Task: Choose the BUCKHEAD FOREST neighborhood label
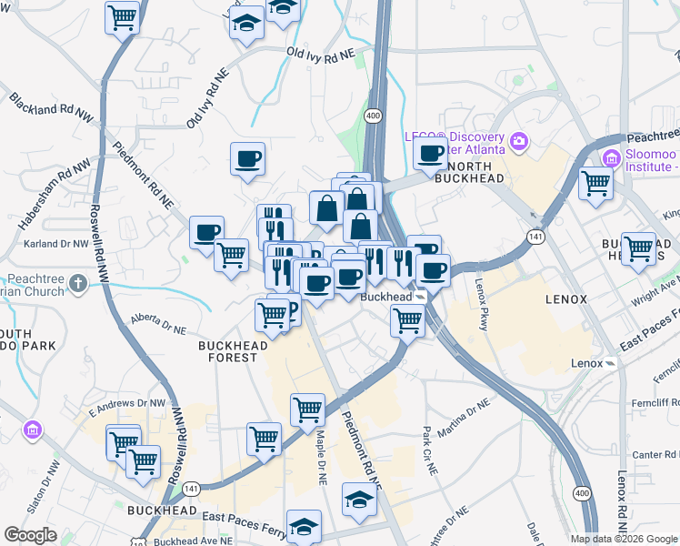pyautogui.click(x=234, y=351)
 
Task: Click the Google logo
pyautogui.click(x=30, y=535)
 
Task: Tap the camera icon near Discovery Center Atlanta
pyautogui.click(x=519, y=140)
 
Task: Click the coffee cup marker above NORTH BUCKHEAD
pyautogui.click(x=430, y=154)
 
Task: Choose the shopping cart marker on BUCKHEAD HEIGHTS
pyautogui.click(x=638, y=248)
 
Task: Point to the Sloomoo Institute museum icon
pyautogui.click(x=609, y=160)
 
